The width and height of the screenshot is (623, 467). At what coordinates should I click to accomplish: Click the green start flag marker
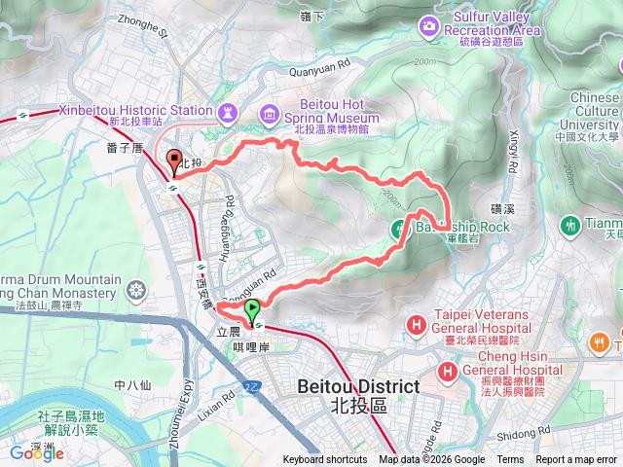pos(253,310)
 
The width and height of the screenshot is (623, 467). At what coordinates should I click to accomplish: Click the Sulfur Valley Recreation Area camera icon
pos(428,24)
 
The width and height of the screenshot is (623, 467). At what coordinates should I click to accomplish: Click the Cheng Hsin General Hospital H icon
pos(447,370)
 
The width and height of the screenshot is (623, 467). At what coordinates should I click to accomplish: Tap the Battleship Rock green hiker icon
pos(398,229)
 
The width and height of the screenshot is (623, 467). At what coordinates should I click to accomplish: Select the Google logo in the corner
pos(37,452)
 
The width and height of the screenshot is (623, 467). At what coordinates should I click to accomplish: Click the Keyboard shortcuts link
pos(325,460)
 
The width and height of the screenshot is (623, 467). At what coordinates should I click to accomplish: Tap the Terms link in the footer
pos(510,460)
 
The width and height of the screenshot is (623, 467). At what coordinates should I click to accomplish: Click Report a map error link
pos(576,460)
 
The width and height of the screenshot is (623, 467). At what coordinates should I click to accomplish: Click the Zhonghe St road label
pos(144,25)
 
